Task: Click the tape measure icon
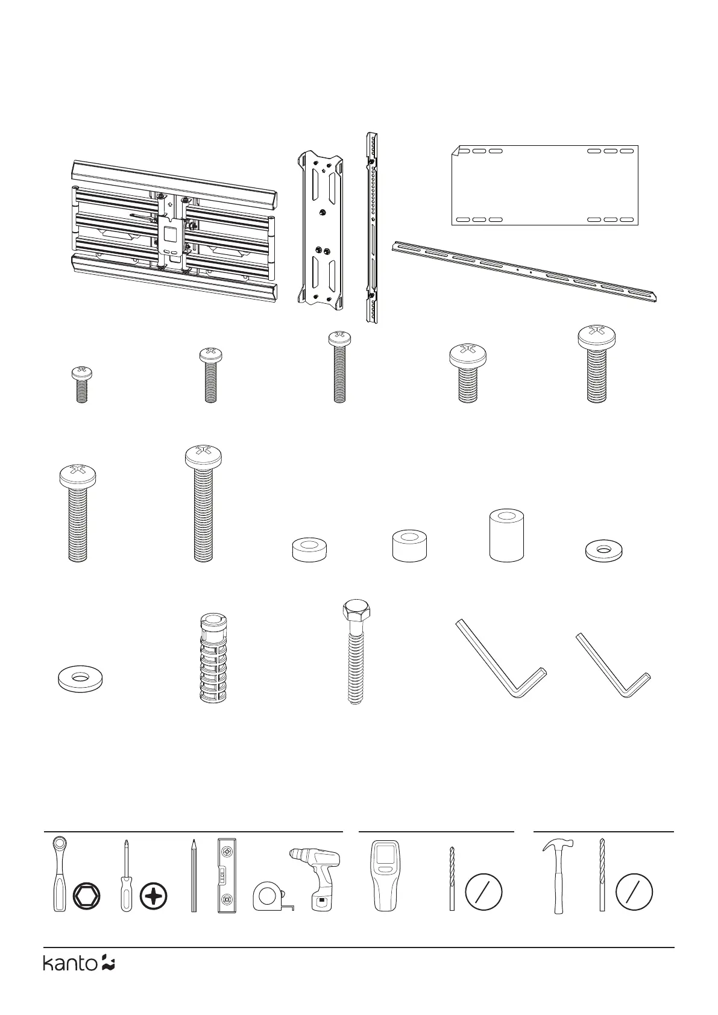pos(269,896)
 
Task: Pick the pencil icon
pos(194,875)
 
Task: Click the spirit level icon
pos(226,875)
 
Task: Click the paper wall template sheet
pos(545,184)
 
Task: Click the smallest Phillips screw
pos(81,385)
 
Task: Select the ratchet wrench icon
pos(59,874)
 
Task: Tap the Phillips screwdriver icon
pos(126,877)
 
